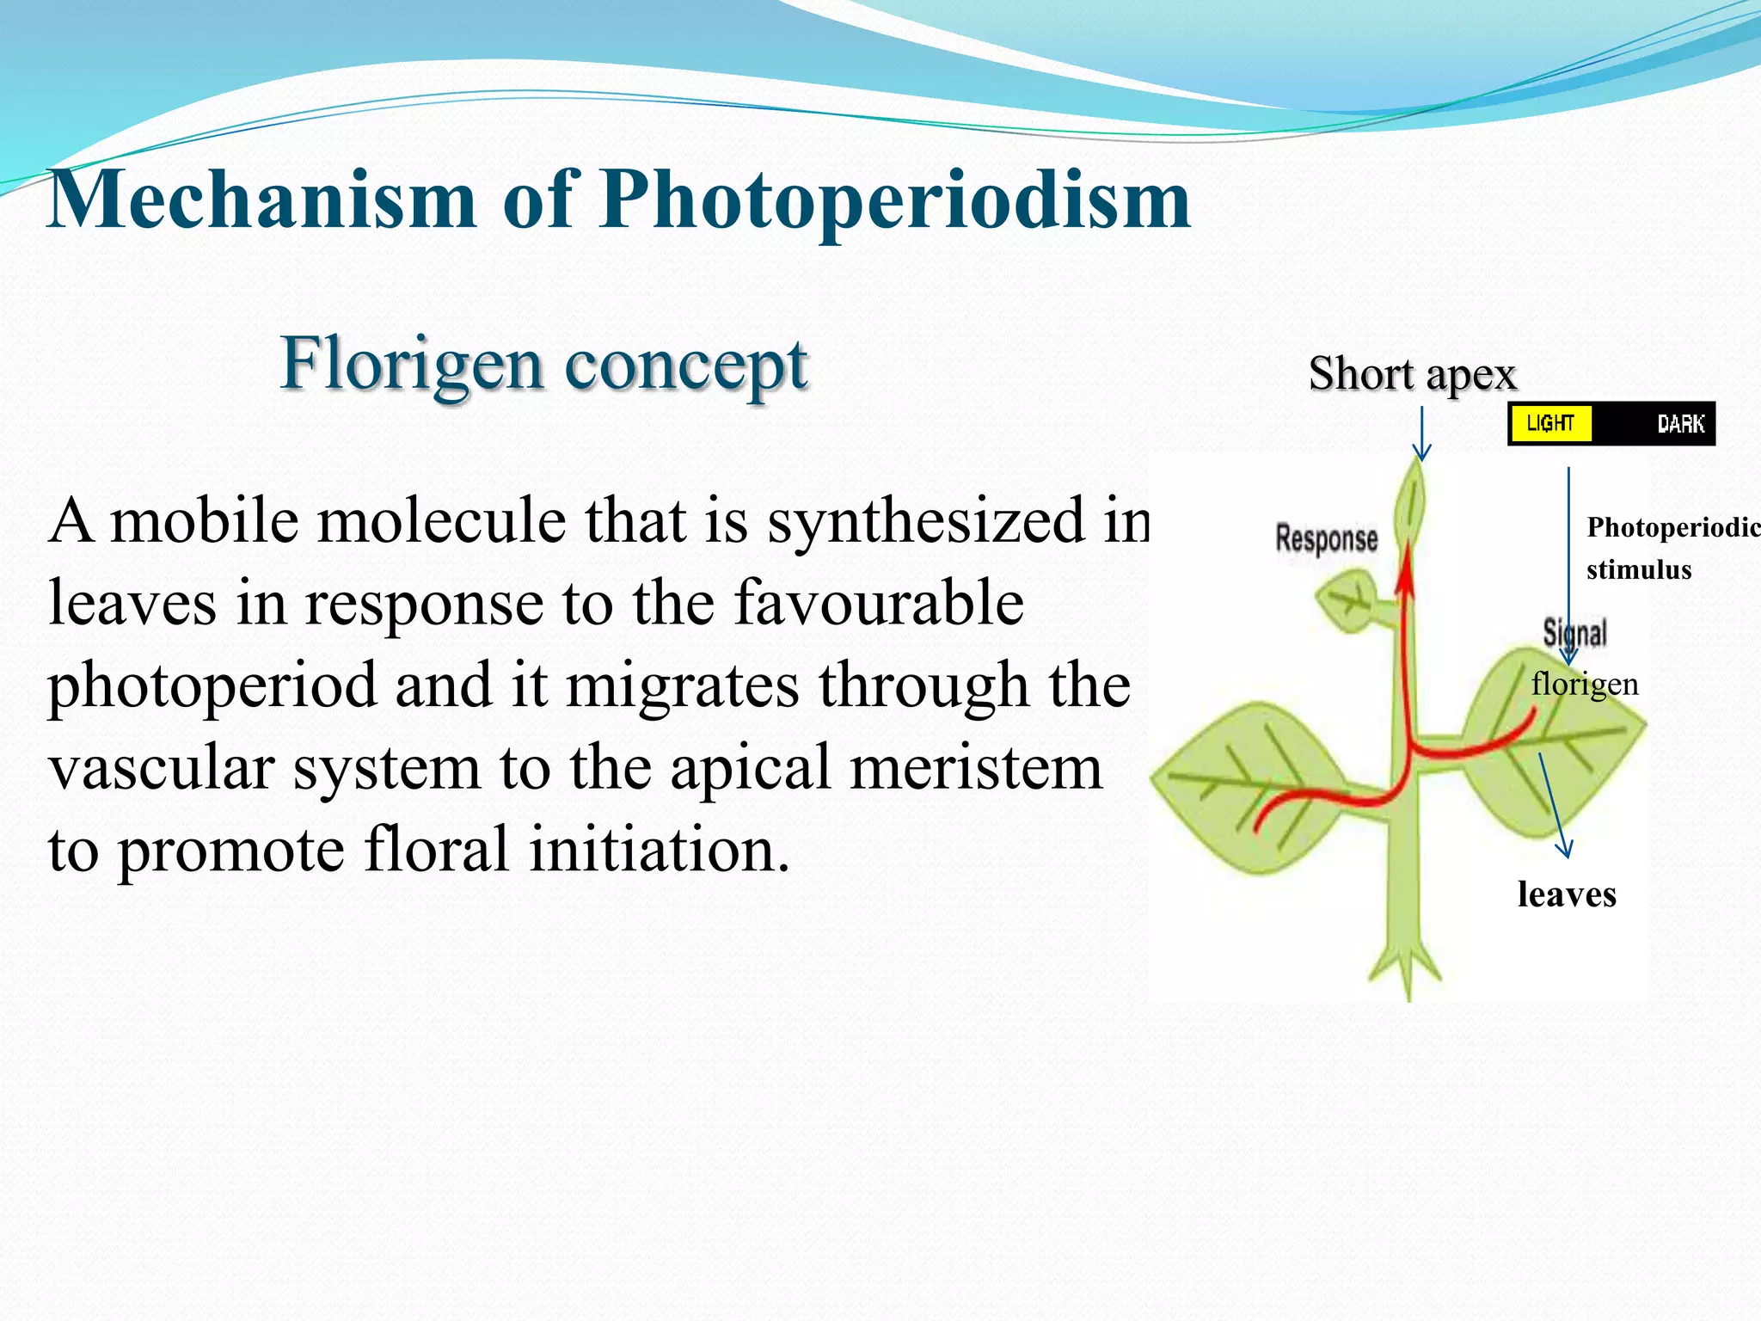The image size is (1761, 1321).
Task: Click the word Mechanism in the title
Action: pos(262,200)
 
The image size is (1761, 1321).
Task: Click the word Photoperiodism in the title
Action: pos(894,200)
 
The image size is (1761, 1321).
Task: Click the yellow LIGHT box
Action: pos(1549,423)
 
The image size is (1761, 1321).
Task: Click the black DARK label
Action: pos(1680,424)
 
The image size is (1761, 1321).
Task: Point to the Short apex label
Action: pos(1412,374)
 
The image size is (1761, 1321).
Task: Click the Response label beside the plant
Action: pos(1326,539)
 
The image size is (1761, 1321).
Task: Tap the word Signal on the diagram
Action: pos(1574,633)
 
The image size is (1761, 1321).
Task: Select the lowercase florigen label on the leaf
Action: pos(1584,685)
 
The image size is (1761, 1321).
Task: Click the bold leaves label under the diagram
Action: pos(1566,894)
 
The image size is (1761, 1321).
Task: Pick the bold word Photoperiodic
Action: pos(1672,527)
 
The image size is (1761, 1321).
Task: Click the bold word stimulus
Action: pos(1638,570)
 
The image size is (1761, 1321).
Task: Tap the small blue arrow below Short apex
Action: pos(1422,434)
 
